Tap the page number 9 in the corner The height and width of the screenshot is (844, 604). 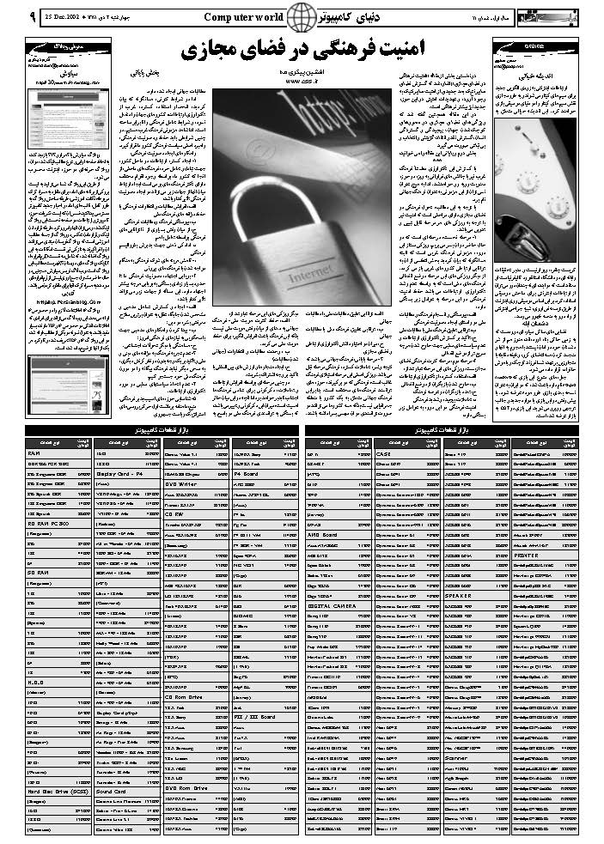click(x=9, y=16)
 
